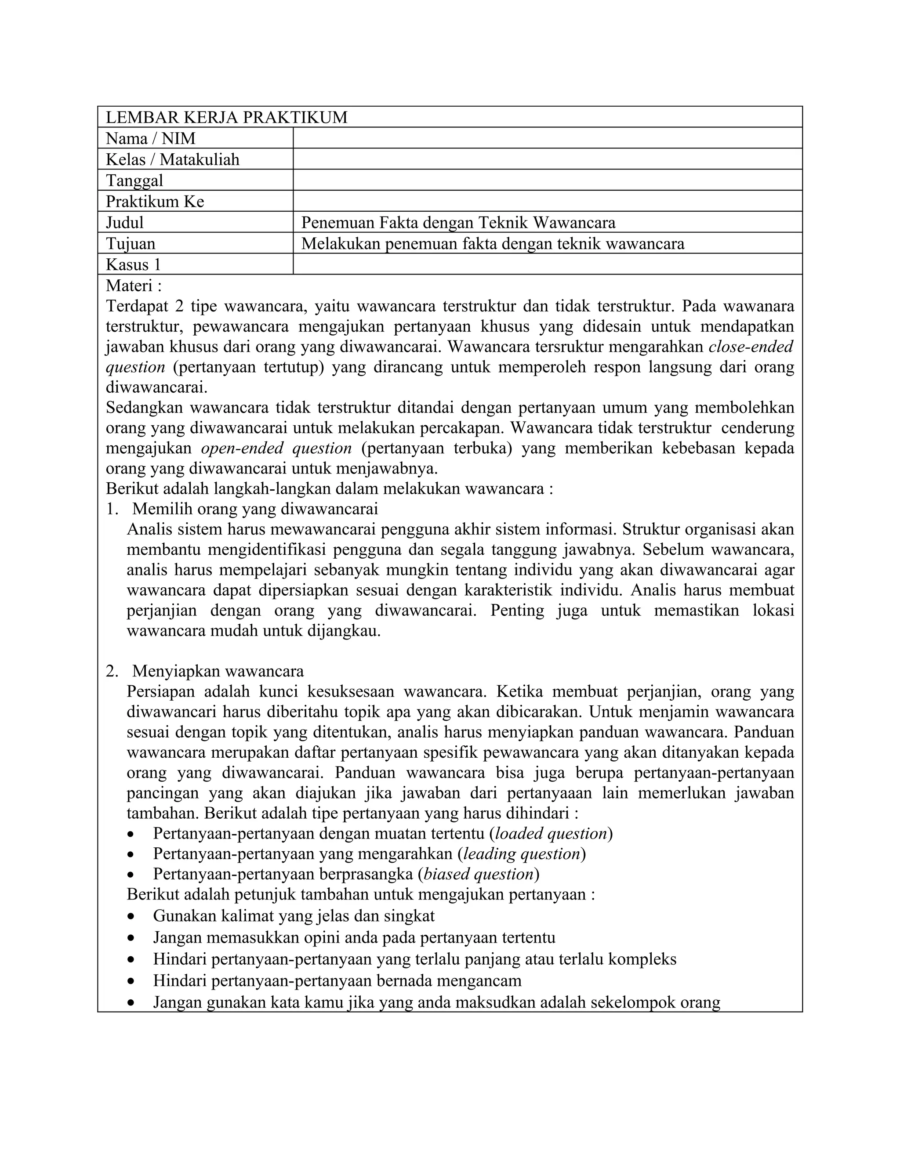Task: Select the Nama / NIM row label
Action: [150, 138]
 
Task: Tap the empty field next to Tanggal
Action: [547, 180]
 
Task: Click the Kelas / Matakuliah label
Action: [172, 159]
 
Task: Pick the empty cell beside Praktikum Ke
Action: [547, 201]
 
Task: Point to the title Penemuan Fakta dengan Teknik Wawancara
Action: [458, 222]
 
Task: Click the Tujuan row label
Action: [131, 244]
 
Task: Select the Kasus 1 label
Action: [133, 264]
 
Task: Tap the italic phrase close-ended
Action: [750, 347]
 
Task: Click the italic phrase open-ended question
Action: [276, 448]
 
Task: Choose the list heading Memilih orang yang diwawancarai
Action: [255, 509]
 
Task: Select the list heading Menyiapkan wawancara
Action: [218, 671]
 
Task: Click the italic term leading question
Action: [522, 854]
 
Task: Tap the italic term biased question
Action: [478, 874]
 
